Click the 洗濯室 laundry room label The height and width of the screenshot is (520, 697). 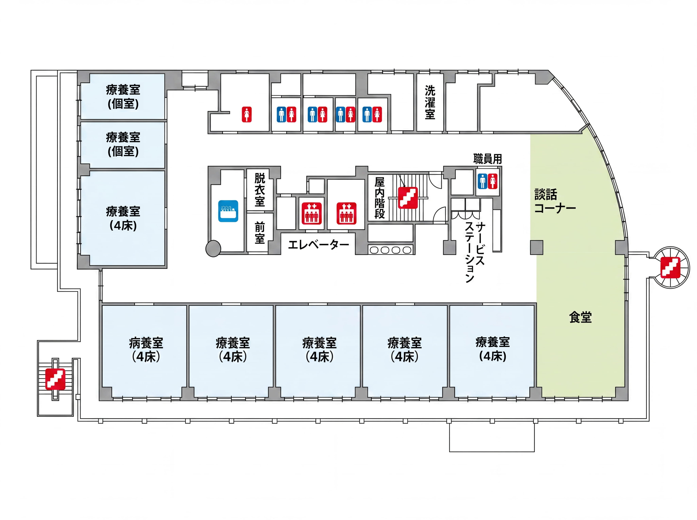(430, 102)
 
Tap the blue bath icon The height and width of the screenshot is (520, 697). (228, 211)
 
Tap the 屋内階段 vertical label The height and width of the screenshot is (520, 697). (379, 198)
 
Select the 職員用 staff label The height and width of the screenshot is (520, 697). (488, 159)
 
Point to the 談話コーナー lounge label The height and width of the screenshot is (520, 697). (555, 201)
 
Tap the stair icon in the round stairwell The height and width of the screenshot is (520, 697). (670, 267)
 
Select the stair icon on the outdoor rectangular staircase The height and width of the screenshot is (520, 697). (55, 379)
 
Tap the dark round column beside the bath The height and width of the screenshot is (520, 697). (213, 249)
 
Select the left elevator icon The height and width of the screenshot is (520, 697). (312, 213)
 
